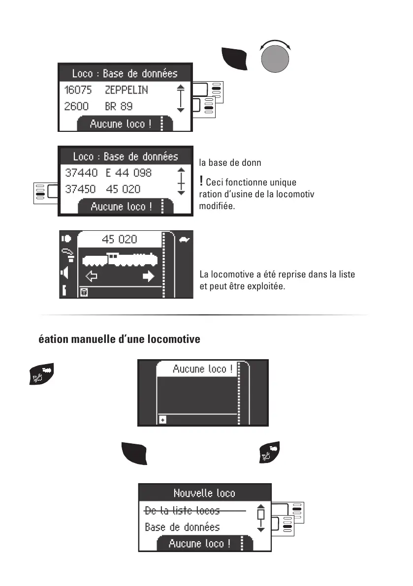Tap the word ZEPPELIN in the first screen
pos(126,90)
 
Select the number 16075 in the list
pos(78,90)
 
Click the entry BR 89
pos(119,106)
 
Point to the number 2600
pos(76,106)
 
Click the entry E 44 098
pos(128,173)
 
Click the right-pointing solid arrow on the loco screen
pos(148,277)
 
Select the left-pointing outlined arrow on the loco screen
pos(92,277)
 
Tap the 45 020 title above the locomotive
pos(120,240)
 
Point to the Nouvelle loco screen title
pos(204,493)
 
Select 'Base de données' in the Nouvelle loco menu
pos(182,527)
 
